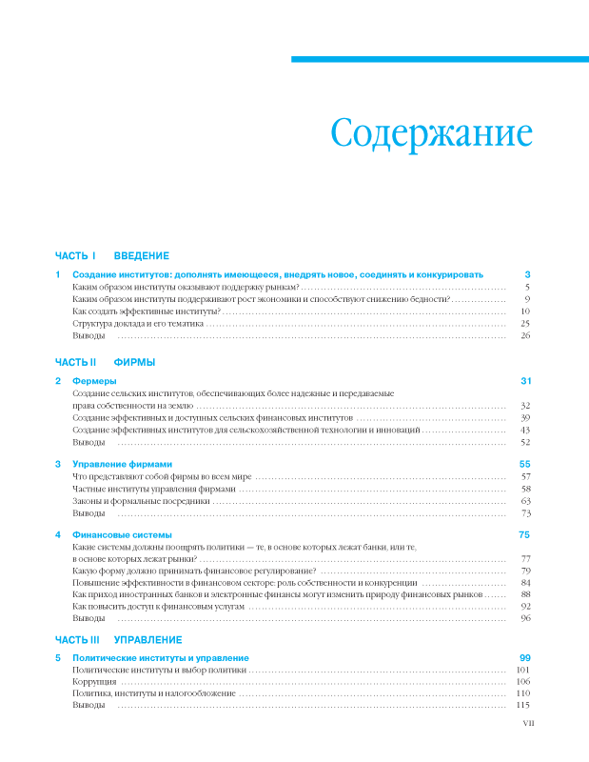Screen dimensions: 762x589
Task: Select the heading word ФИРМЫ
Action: pos(134,363)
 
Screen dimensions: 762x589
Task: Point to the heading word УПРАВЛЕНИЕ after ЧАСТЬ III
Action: pos(147,639)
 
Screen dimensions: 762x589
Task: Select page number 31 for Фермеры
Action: pos(524,381)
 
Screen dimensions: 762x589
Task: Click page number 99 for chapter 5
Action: pos(524,658)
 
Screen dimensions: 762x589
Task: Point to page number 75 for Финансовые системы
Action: pos(524,534)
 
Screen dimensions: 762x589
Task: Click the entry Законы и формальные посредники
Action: pos(141,500)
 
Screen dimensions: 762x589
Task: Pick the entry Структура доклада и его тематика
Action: pos(138,324)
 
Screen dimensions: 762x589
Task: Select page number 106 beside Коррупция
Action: pos(522,681)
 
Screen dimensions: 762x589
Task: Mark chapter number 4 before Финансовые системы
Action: pos(58,534)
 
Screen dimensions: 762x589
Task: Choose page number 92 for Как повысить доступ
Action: pos(524,606)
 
